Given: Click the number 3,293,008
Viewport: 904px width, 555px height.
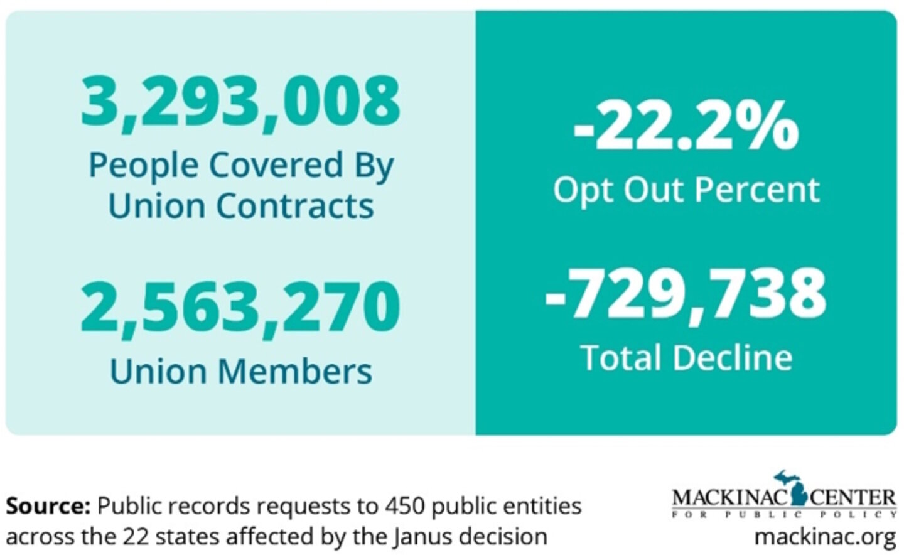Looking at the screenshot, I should coord(240,100).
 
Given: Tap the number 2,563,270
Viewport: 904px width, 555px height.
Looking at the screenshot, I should coord(240,308).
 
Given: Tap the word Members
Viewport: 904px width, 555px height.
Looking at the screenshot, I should coord(294,371).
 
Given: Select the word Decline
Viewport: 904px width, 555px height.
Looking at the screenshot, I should coord(732,358).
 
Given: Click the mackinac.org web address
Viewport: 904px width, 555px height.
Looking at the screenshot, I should coord(826,537).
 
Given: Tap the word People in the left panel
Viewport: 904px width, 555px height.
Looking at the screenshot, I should coord(144,165).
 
